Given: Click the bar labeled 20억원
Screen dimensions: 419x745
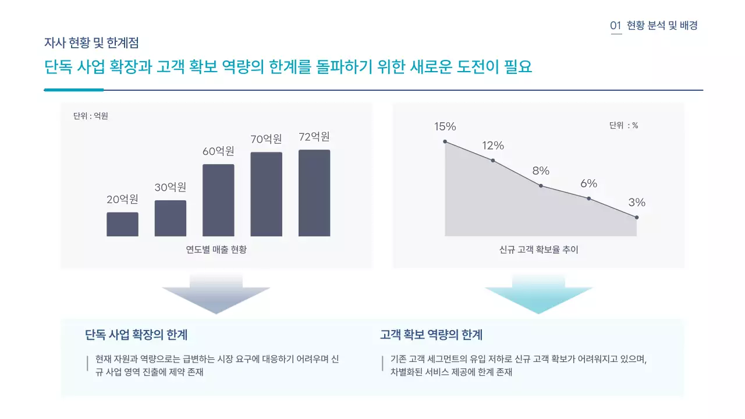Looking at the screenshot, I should tap(122, 224).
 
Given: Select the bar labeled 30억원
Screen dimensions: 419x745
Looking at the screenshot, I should tap(171, 218).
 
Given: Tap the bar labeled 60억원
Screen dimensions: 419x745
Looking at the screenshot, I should tap(218, 200).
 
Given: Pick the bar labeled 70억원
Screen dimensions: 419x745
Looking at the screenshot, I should tap(267, 194).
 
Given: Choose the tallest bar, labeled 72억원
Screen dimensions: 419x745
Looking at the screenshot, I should tap(314, 193).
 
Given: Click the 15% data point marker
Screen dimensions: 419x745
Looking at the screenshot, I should tap(445, 141).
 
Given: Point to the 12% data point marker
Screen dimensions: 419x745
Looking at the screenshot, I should tap(493, 160).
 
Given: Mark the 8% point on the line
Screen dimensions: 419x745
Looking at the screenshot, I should tap(541, 186).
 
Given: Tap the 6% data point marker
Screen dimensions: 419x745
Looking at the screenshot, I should tap(588, 198).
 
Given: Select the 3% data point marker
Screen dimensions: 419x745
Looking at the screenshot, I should tap(637, 217).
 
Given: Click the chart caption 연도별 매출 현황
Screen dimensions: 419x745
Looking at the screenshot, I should tap(217, 250).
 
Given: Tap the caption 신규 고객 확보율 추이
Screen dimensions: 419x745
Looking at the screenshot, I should tap(538, 250).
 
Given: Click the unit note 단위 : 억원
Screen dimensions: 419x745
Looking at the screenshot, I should tap(91, 116).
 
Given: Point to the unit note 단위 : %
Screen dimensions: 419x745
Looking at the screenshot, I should tap(623, 125).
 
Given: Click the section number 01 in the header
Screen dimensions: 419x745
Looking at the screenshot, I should tap(616, 26).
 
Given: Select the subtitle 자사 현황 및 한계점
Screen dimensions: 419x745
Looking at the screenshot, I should tap(91, 42).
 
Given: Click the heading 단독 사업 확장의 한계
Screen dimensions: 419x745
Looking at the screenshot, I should tap(136, 335).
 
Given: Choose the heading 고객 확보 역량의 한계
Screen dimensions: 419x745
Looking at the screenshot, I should tap(431, 335).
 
